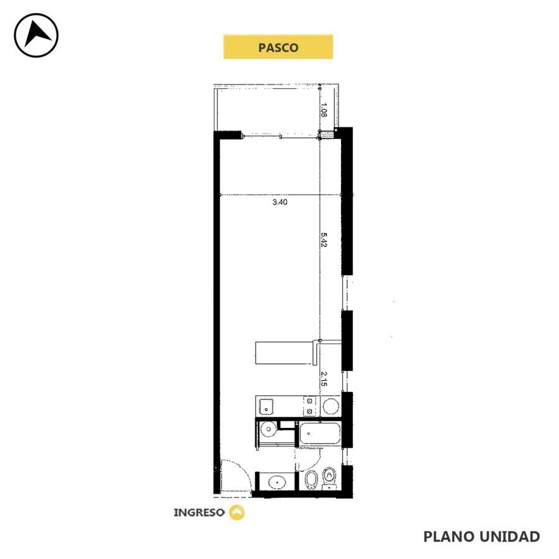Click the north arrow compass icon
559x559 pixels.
click(x=36, y=35)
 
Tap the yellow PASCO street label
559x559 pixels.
click(x=278, y=47)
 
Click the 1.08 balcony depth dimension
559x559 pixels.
click(x=324, y=110)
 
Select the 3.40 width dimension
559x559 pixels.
click(x=280, y=202)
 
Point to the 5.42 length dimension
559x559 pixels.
click(x=324, y=240)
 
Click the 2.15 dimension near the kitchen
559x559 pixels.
click(x=324, y=379)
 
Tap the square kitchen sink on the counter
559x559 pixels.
click(x=266, y=406)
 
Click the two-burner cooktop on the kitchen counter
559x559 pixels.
click(x=309, y=406)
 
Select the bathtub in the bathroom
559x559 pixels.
click(x=320, y=433)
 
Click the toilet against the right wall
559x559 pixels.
click(x=330, y=478)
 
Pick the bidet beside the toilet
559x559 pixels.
click(x=311, y=480)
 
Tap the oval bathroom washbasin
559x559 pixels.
click(x=276, y=483)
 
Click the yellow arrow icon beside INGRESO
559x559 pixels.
click(x=237, y=512)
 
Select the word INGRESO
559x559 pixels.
click(x=199, y=512)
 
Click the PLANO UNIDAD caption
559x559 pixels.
click(x=481, y=536)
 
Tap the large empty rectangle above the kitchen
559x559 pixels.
click(x=284, y=353)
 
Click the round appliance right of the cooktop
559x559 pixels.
click(x=330, y=406)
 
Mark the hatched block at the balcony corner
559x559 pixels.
click(x=326, y=135)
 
